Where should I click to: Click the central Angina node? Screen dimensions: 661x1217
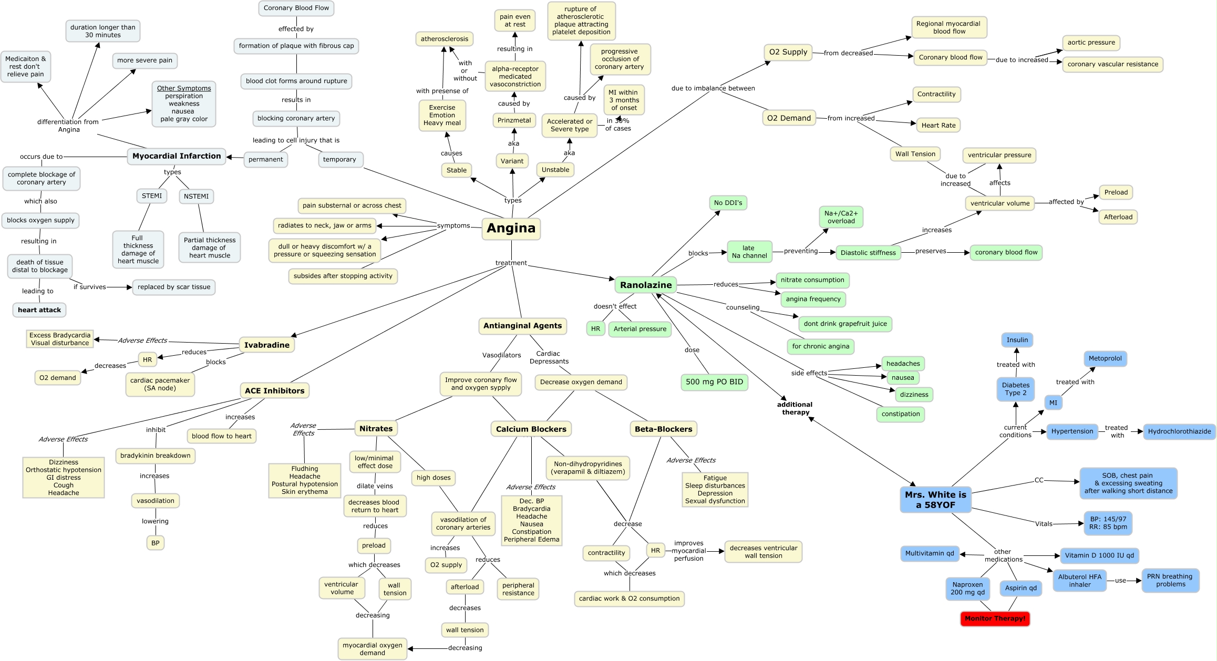click(511, 229)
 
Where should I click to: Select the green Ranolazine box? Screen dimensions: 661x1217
click(646, 285)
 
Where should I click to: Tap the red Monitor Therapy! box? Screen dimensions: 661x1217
click(995, 618)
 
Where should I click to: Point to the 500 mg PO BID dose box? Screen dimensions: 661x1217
click(714, 382)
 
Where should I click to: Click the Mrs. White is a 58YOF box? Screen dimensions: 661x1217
click(935, 500)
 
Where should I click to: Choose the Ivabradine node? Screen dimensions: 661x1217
click(266, 345)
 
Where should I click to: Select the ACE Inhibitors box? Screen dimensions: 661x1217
click(274, 390)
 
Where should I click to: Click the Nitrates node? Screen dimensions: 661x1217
click(376, 429)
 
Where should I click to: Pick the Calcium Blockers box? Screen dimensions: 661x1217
click(531, 429)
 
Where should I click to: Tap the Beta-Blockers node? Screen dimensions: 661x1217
click(663, 429)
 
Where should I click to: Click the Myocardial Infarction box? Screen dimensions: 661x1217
click(177, 156)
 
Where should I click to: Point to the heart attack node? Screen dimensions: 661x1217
click(39, 310)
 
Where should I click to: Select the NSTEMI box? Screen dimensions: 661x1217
click(196, 196)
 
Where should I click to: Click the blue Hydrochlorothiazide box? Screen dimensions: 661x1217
click(1179, 431)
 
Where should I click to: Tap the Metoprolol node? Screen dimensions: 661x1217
click(1105, 358)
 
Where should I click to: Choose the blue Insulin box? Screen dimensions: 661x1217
click(1017, 340)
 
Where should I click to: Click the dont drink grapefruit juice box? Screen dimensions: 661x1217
click(845, 324)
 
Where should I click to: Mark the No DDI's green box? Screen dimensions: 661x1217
click(728, 203)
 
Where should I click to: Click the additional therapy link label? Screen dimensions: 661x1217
click(795, 408)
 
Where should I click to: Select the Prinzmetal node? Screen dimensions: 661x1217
click(514, 120)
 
